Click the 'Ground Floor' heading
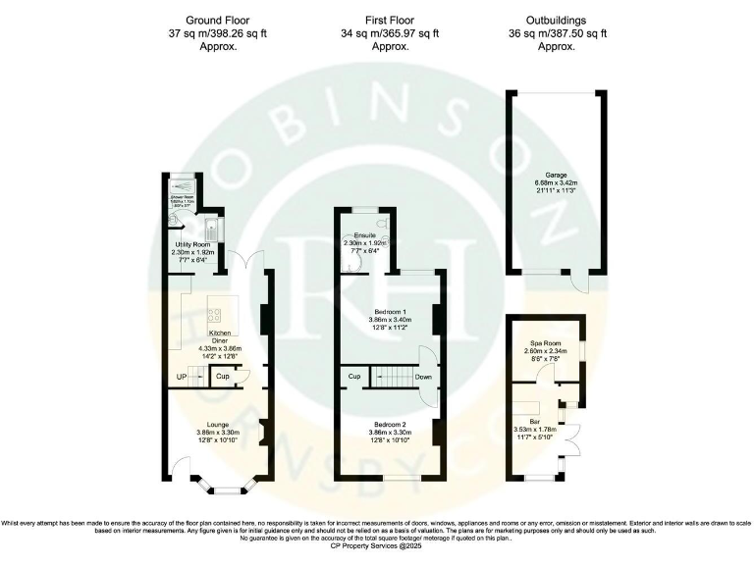click(x=217, y=19)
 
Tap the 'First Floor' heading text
click(x=388, y=19)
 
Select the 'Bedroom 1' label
click(x=386, y=311)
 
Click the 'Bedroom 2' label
click(x=386, y=424)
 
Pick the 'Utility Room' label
click(x=192, y=243)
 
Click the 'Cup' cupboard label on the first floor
click(x=354, y=376)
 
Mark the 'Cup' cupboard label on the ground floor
click(x=224, y=377)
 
